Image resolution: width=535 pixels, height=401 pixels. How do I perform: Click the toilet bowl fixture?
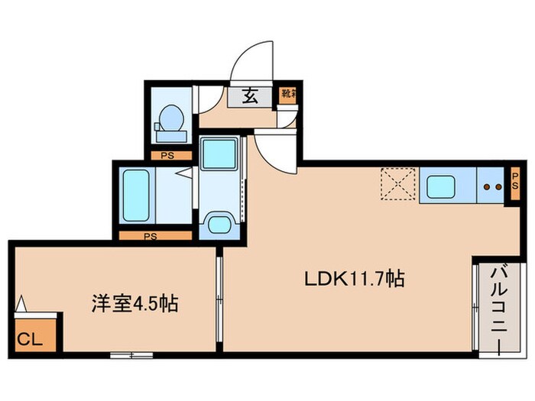(170, 121)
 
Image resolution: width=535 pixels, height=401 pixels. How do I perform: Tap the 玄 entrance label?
(249, 96)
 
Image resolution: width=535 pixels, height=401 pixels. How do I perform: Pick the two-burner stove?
(491, 186)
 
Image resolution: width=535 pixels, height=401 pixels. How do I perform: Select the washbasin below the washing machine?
(219, 224)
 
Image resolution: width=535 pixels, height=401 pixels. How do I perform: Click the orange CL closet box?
(32, 335)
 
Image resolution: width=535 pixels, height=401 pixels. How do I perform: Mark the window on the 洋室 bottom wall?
(131, 354)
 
